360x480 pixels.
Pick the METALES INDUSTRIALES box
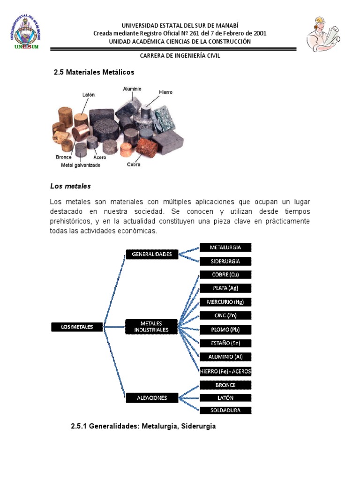pyautogui.click(x=151, y=327)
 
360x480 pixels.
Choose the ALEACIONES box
pyautogui.click(x=152, y=398)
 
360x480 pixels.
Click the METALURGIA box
pyautogui.click(x=225, y=247)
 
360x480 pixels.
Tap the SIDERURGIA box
pyautogui.click(x=225, y=261)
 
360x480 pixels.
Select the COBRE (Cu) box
pyautogui.click(x=225, y=275)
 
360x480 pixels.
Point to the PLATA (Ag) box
pyautogui.click(x=225, y=288)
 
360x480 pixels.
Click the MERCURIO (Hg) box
pyautogui.click(x=225, y=302)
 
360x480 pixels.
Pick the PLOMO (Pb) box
pyautogui.click(x=225, y=329)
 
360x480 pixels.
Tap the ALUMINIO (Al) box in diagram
pyautogui.click(x=225, y=357)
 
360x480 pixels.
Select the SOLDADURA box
pyautogui.click(x=225, y=410)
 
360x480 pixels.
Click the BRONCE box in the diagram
pyautogui.click(x=225, y=385)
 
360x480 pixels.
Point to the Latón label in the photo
pyautogui.click(x=88, y=95)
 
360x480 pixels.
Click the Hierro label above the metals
pyautogui.click(x=165, y=92)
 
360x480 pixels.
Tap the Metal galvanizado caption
pyautogui.click(x=81, y=165)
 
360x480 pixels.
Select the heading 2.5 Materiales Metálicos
pyautogui.click(x=94, y=72)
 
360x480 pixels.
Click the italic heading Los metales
pyautogui.click(x=70, y=186)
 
